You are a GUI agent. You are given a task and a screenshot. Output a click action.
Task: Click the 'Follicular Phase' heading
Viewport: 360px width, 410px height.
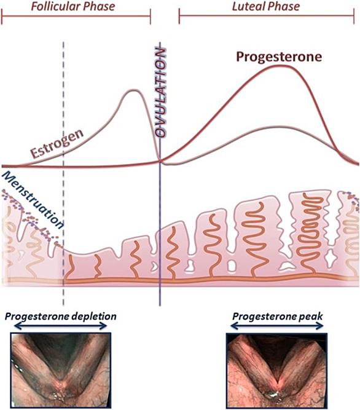73,6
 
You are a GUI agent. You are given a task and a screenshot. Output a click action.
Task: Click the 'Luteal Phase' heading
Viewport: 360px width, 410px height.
266,6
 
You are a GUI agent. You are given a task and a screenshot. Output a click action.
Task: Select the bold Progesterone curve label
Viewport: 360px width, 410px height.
279,57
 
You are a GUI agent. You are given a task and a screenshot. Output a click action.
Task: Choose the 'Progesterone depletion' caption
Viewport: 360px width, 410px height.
61,317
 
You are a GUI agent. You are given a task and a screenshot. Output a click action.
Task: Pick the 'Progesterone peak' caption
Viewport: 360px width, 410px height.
278,317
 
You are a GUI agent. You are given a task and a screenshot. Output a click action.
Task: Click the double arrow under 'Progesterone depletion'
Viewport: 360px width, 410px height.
60,326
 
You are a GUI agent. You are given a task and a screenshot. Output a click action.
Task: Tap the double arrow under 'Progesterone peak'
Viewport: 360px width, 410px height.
278,326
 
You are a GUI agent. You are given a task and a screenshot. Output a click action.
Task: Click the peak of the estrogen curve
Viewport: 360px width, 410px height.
133,90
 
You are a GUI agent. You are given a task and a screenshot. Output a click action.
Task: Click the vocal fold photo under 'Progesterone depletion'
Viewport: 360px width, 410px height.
61,370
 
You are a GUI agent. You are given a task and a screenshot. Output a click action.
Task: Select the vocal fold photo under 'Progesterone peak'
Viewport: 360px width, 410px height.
276,371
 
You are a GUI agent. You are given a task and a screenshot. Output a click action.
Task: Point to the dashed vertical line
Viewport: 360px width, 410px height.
63,173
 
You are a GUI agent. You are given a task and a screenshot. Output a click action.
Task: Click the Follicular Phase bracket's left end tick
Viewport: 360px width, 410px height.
2,16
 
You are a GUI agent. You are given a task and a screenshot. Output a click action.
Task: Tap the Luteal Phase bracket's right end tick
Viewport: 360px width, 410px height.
354,16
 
